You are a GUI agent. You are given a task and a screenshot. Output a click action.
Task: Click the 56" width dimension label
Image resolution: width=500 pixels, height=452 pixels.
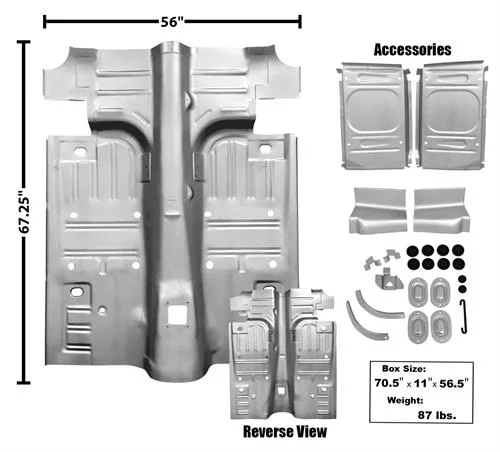click(x=172, y=22)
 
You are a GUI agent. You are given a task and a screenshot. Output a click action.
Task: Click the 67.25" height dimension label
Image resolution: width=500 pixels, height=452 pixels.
click(x=24, y=213)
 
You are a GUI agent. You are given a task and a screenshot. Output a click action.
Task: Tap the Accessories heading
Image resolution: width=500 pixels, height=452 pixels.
click(x=412, y=50)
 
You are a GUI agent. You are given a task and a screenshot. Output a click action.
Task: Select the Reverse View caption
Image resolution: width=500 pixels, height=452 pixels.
click(x=285, y=432)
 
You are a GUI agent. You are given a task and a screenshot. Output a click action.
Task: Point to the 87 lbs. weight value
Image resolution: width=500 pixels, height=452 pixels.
click(x=437, y=415)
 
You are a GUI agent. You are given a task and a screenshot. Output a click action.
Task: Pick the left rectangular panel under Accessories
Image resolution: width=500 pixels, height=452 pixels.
click(x=374, y=115)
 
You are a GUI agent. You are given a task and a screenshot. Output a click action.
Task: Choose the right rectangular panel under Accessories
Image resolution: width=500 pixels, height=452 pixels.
click(x=451, y=115)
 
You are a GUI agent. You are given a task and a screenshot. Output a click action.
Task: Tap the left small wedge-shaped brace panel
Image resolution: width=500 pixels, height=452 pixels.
click(x=378, y=211)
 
